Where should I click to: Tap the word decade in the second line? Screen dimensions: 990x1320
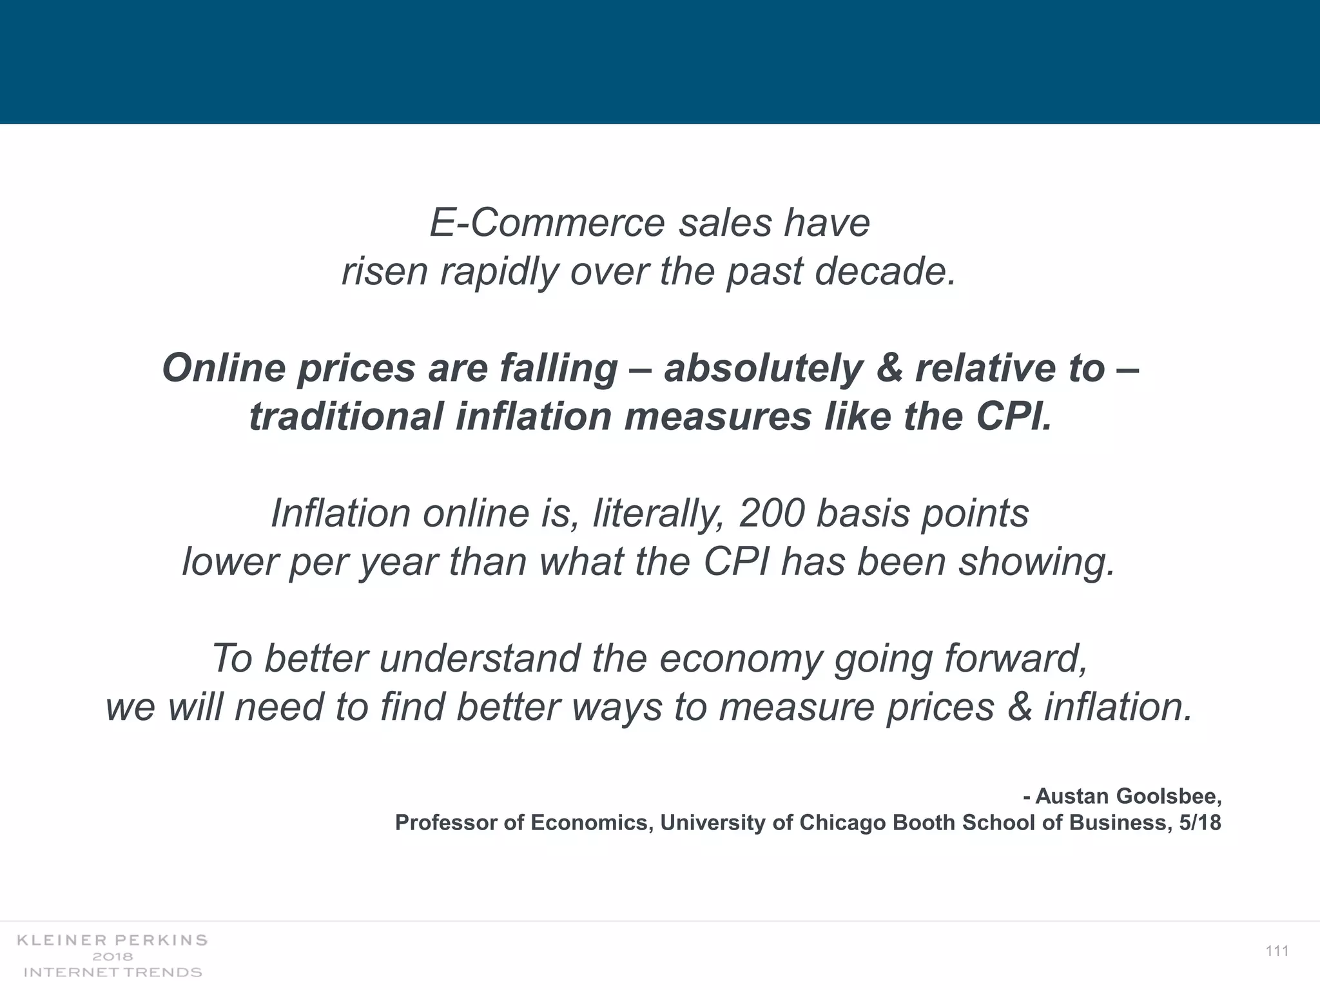(x=885, y=271)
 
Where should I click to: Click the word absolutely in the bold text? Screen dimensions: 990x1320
(x=763, y=368)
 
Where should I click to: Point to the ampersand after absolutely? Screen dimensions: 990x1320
(x=889, y=368)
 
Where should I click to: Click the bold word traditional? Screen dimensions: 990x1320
(x=345, y=416)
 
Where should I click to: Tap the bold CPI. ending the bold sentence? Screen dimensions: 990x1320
(x=1014, y=416)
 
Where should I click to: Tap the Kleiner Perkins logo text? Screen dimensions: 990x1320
(x=112, y=940)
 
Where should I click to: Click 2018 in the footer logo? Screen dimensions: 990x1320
(x=112, y=956)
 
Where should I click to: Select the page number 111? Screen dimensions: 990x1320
(x=1277, y=951)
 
